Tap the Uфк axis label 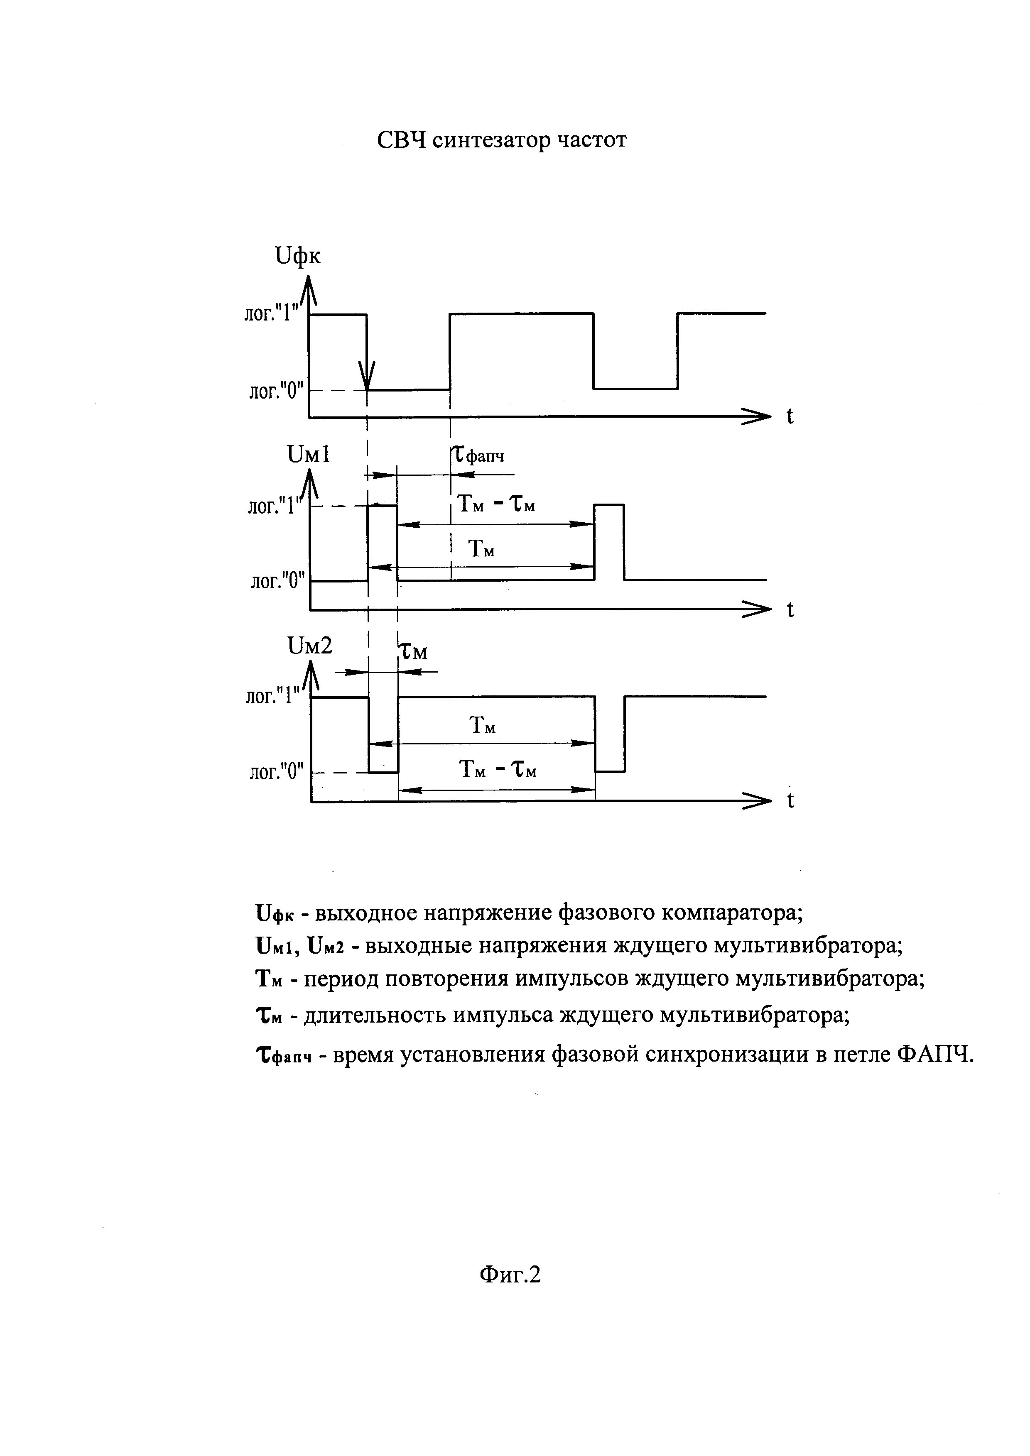(x=297, y=256)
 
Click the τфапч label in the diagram (x=479, y=455)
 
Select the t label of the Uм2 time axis (x=790, y=801)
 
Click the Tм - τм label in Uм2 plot (x=498, y=771)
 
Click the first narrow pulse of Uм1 (x=383, y=542)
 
